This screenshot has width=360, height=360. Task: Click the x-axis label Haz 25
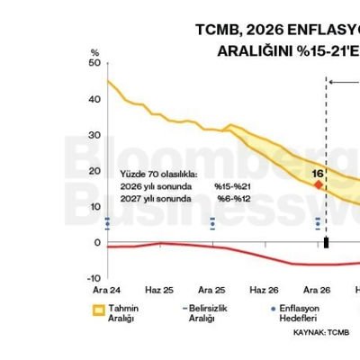point(158,291)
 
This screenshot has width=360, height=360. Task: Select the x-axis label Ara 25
point(211,291)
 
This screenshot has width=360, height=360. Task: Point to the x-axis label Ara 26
point(317,291)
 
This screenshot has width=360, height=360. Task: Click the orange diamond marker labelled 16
point(317,184)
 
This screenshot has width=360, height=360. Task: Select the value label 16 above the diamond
point(317,171)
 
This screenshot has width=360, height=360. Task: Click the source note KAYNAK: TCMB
point(320,332)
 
